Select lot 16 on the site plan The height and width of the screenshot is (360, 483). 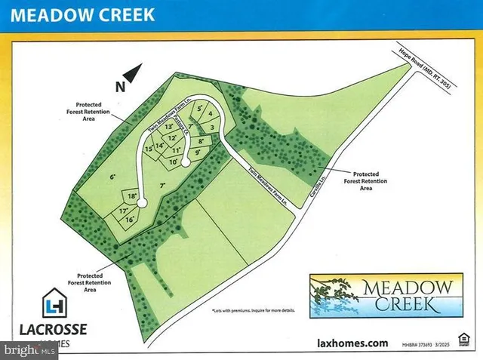129,219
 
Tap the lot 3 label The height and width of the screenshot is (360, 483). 214,126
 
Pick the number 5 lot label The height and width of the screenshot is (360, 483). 199,109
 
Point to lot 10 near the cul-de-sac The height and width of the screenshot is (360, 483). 173,162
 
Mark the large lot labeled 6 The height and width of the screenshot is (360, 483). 112,177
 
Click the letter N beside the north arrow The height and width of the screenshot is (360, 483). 119,87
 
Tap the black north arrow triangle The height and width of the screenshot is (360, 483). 133,73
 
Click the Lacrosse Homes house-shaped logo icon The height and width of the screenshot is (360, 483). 54,304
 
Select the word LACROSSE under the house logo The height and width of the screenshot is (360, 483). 54,329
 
